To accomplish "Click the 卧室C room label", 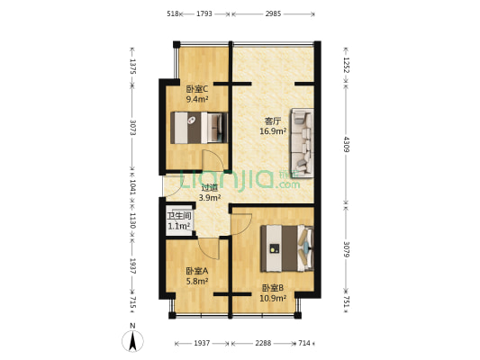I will pos(197,89).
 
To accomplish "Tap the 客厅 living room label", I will pos(273,121).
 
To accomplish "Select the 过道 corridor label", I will pos(209,187).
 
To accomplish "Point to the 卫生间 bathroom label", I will pos(178,216).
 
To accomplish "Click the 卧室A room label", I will pos(196,271).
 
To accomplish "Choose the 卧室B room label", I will pos(273,288).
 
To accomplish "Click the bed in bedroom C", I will pos(199,127).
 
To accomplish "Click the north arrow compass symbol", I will pos(132,340).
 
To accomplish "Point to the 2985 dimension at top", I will pos(273,14).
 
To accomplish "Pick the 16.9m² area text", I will pos(273,131).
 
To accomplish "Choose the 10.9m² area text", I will pos(273,298).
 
